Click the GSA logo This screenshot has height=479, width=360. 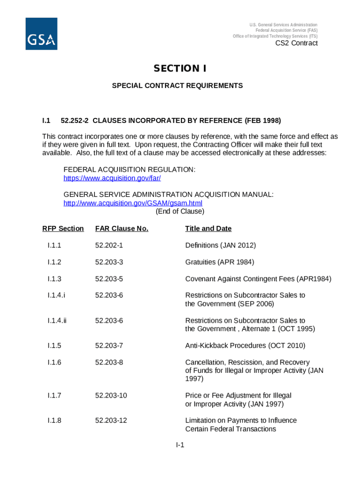[41, 34]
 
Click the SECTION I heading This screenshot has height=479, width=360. [180, 69]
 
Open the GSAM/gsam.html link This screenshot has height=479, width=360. [133, 203]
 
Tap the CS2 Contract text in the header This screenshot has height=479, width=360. [296, 43]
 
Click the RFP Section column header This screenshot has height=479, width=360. [63, 228]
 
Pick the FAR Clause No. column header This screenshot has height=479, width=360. [122, 228]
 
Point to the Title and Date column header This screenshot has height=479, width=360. [208, 228]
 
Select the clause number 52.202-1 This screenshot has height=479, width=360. [109, 245]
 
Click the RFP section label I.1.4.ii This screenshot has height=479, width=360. [57, 320]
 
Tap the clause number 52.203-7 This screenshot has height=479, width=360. [109, 346]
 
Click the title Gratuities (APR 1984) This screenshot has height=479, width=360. [220, 262]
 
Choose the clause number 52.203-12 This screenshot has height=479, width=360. [111, 420]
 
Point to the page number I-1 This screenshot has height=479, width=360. [180, 445]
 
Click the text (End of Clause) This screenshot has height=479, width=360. [180, 211]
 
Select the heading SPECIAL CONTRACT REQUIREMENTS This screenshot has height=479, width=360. [177, 86]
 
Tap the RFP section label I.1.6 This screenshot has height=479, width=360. [54, 362]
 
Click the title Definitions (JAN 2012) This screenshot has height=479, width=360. [220, 245]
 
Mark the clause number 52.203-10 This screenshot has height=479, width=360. [111, 395]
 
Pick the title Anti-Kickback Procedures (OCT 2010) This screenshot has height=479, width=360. [245, 346]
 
